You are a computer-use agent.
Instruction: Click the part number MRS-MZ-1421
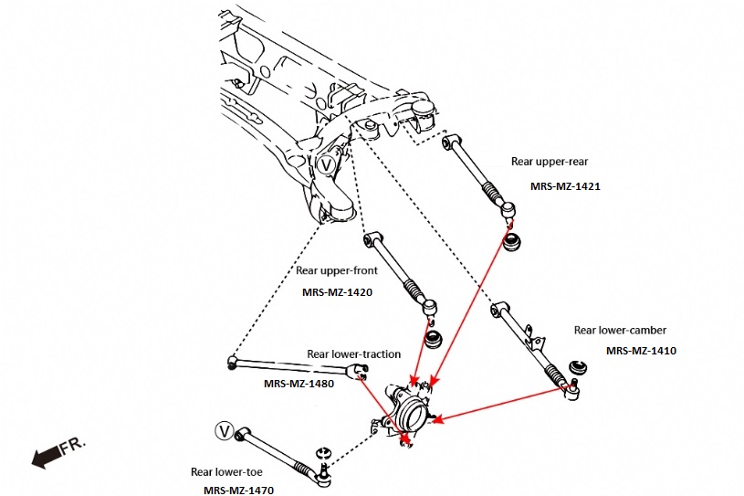(x=564, y=185)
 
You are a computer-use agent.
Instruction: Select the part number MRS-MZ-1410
(x=640, y=350)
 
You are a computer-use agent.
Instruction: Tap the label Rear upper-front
(x=336, y=270)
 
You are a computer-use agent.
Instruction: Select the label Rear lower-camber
(x=620, y=330)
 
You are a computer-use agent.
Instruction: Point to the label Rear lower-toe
(x=227, y=471)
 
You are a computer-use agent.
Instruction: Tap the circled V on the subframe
(x=328, y=164)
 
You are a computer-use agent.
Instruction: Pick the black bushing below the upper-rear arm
(x=513, y=241)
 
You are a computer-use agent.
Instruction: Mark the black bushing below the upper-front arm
(x=435, y=340)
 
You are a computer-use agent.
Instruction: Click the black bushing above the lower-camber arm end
(x=577, y=367)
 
